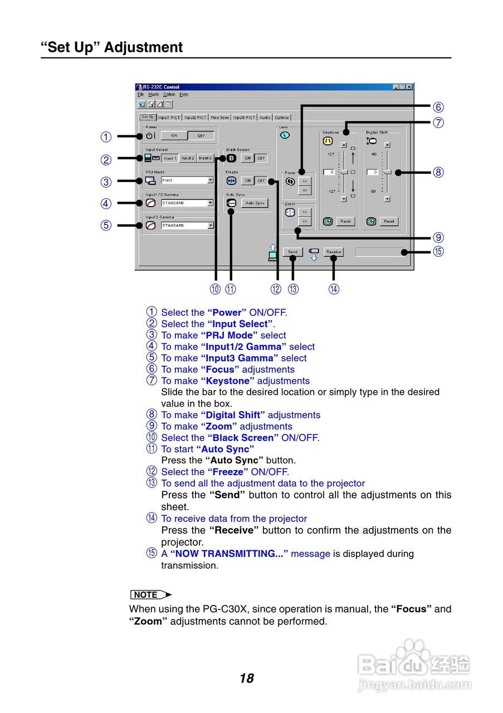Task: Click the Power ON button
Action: [x=174, y=135]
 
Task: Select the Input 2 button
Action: [x=188, y=158]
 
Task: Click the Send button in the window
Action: [x=293, y=252]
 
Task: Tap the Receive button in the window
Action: [x=334, y=252]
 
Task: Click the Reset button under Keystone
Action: [x=345, y=221]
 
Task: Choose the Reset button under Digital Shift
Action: [x=389, y=221]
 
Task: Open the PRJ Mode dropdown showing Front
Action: [x=211, y=180]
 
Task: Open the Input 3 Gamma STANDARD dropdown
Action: [x=211, y=226]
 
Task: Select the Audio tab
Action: [x=265, y=118]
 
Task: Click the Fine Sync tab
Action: [x=220, y=118]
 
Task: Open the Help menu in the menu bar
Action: [x=184, y=95]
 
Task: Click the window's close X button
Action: [x=409, y=87]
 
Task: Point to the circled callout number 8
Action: [x=438, y=172]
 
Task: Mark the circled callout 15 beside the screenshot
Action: [x=438, y=251]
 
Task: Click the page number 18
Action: [x=247, y=678]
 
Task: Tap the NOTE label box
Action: [x=147, y=595]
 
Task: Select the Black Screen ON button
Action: [x=248, y=158]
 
